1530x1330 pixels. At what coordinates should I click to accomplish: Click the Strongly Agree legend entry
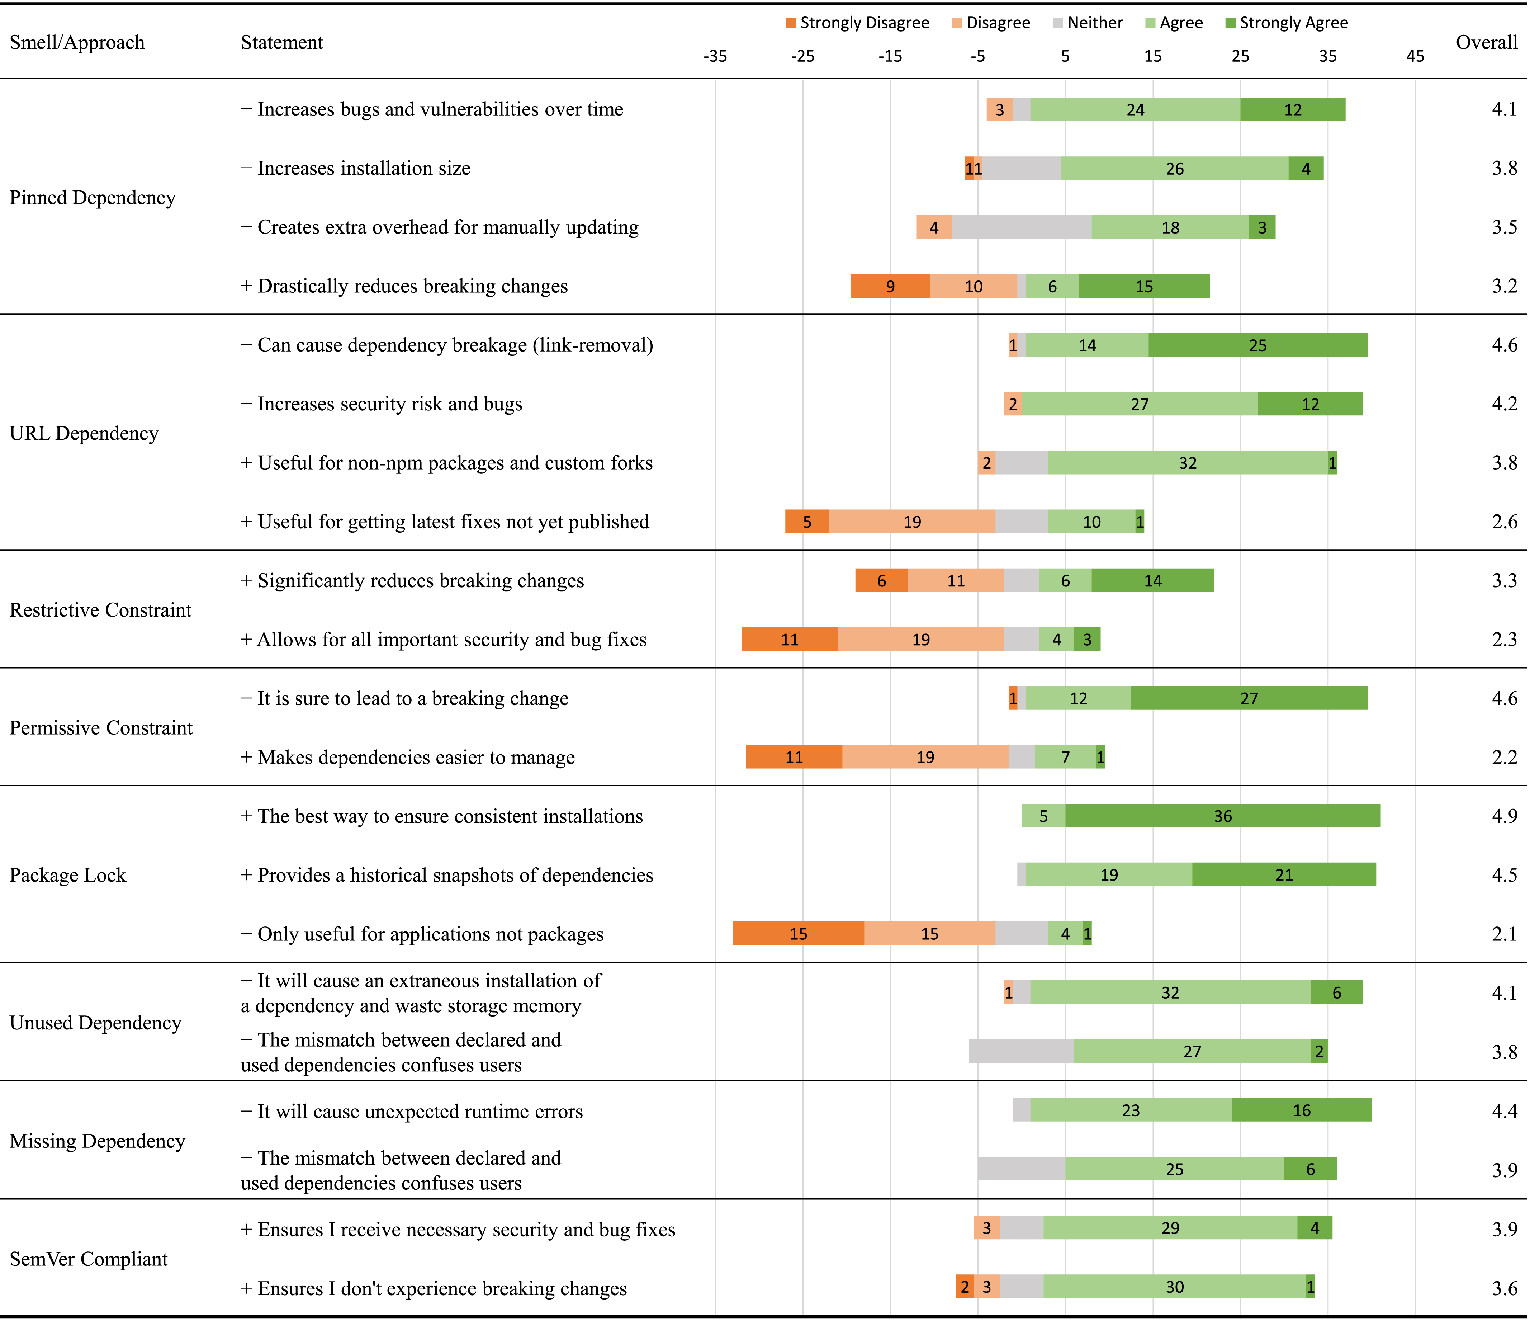(1286, 23)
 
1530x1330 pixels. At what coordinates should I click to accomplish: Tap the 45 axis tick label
(1415, 56)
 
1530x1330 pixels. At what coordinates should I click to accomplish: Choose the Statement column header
(282, 42)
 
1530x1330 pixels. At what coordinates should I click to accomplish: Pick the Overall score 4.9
(1504, 816)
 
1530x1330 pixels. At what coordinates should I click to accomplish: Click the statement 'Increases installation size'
(364, 169)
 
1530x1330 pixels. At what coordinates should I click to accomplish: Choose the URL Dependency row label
(84, 433)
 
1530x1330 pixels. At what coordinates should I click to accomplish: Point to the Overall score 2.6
(1504, 522)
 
